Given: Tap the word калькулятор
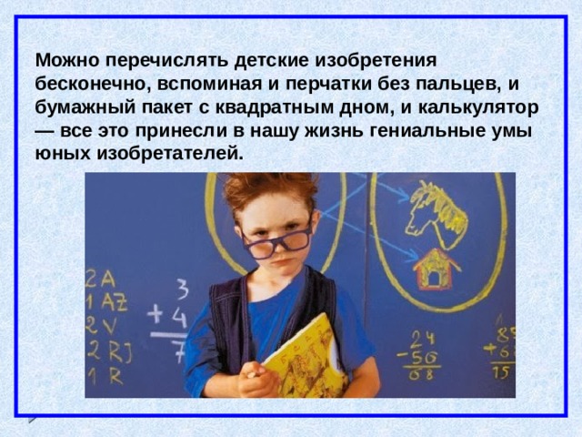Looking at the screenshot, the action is click(478, 107).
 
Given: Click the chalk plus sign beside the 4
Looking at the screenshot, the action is click(155, 315).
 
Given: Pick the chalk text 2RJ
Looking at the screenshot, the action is click(109, 351).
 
